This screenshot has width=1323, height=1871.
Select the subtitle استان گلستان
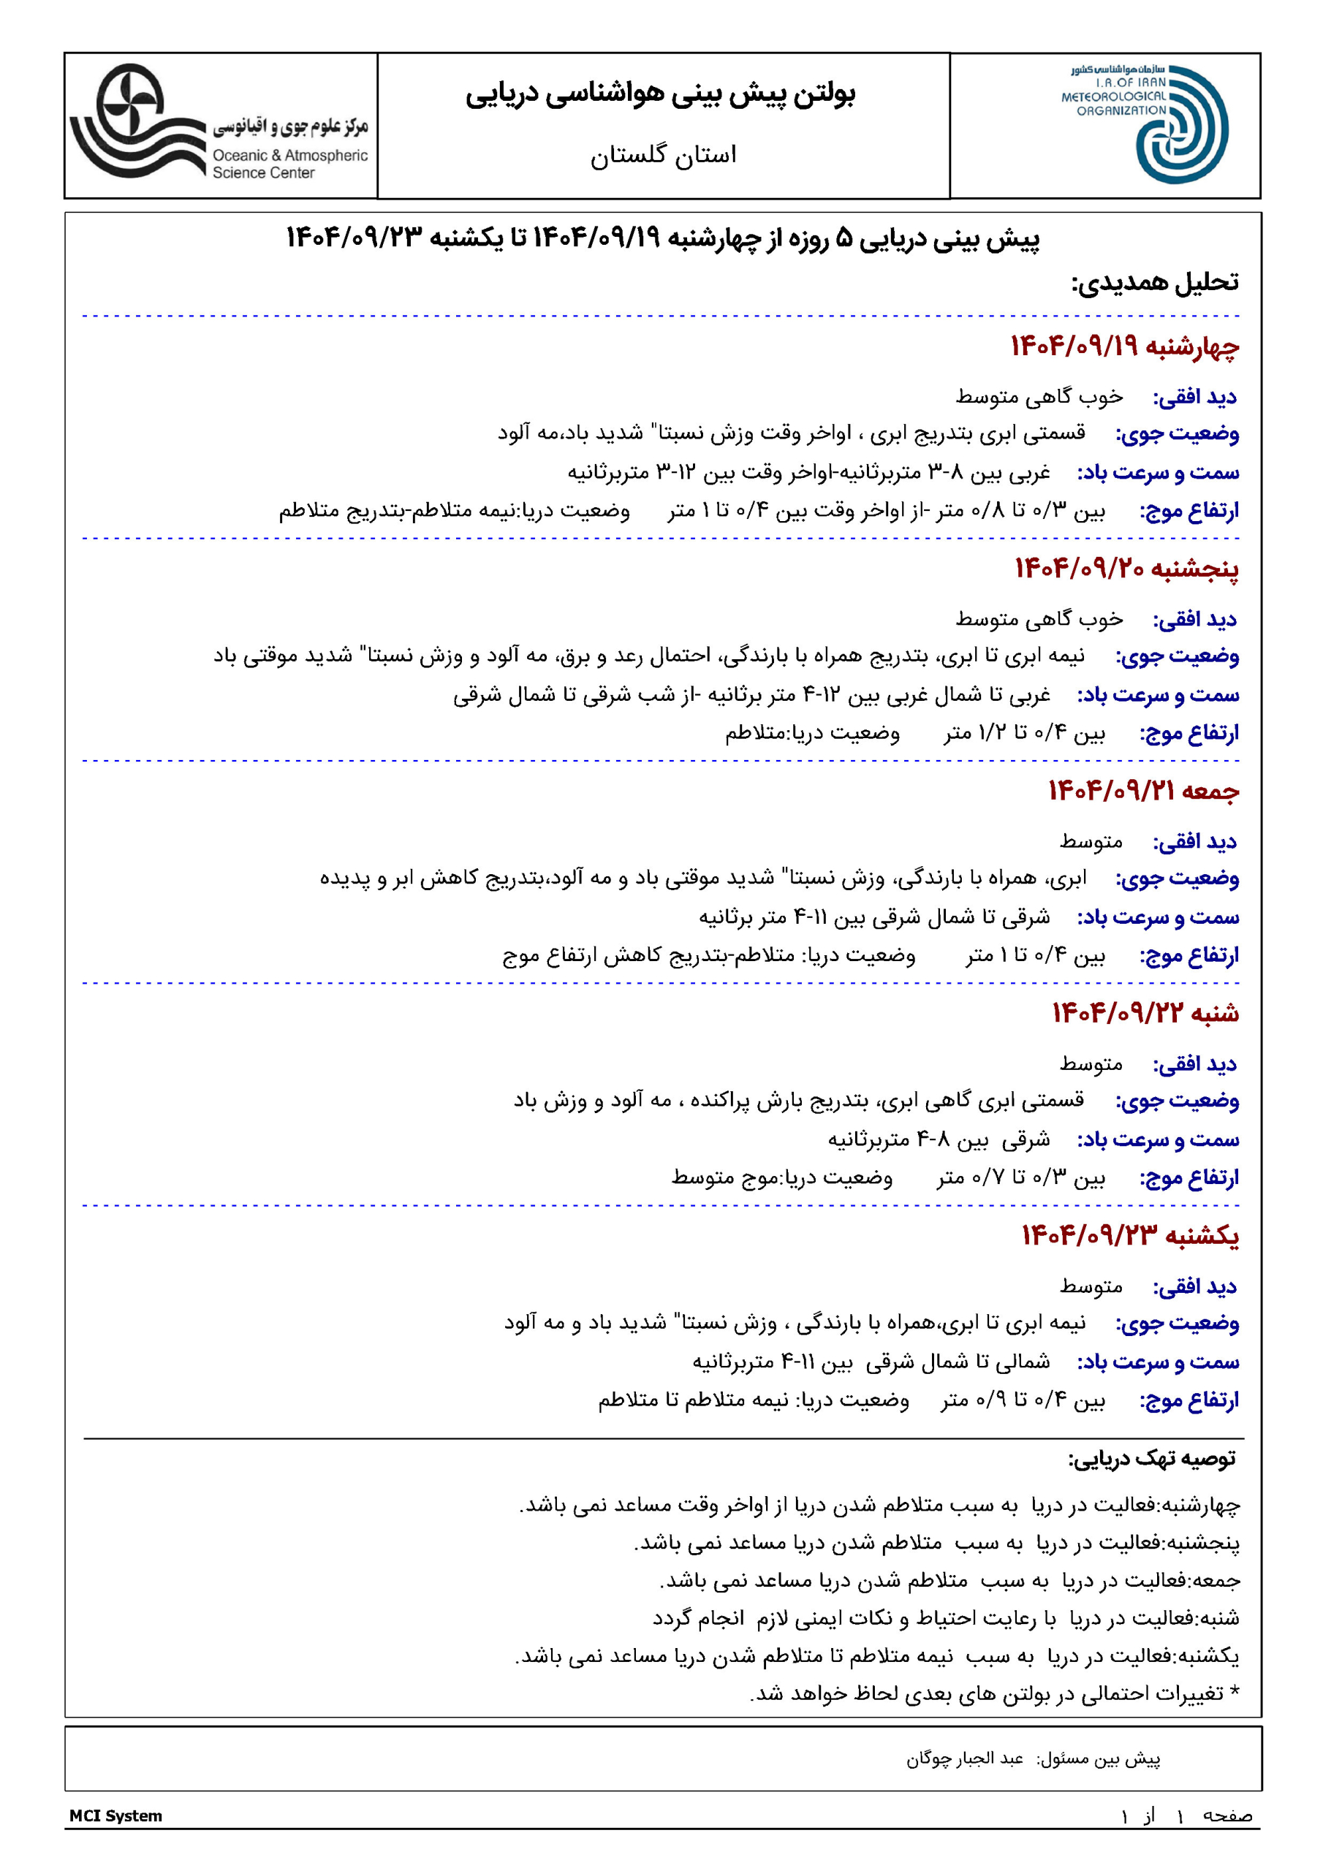(663, 155)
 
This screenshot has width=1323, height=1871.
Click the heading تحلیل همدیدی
(1154, 283)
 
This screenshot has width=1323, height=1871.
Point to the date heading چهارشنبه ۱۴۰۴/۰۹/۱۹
(1124, 347)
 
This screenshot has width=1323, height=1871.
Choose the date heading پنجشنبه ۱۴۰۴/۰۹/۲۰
(1126, 569)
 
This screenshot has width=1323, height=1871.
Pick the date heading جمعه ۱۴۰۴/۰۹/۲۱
(1143, 792)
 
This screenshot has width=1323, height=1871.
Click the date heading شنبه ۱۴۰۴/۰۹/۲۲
(1145, 1014)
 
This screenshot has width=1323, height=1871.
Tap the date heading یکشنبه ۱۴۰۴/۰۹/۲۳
(1130, 1236)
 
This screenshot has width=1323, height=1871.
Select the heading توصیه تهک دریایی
(1152, 1459)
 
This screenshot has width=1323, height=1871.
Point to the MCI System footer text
(115, 1815)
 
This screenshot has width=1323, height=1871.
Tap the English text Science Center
(263, 172)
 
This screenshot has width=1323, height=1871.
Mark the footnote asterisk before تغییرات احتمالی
(1234, 1693)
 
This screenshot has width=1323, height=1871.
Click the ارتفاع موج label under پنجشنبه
(1189, 733)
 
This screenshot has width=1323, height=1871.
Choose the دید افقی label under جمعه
(1194, 842)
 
